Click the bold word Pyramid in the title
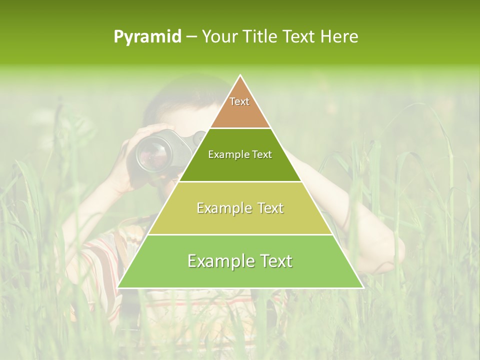[x=147, y=37]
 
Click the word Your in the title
[x=219, y=37]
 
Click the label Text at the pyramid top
[x=239, y=101]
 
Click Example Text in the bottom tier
[x=240, y=261]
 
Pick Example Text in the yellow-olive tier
[x=240, y=208]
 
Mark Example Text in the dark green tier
[x=240, y=154]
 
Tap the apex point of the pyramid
[x=240, y=75]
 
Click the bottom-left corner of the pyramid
[x=118, y=287]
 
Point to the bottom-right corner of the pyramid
[x=362, y=287]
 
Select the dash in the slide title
[x=191, y=37]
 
